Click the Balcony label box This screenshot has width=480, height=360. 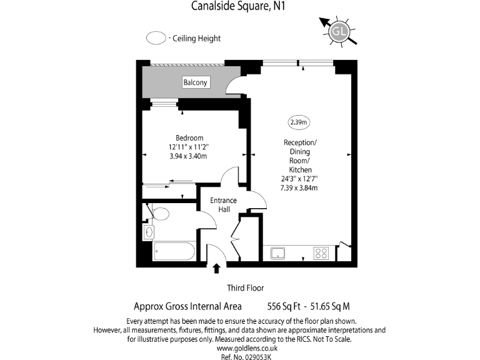[196, 82]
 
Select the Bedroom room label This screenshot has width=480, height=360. [189, 137]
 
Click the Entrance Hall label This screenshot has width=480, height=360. [223, 204]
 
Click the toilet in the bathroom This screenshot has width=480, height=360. [159, 214]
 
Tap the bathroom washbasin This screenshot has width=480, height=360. [149, 232]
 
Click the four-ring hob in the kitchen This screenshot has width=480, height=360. [321, 253]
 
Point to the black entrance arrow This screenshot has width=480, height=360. [217, 269]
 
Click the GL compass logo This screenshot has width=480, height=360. [339, 30]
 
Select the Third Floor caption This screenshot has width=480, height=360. [245, 288]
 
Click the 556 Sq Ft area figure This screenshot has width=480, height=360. [282, 306]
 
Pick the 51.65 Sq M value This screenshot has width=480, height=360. [327, 306]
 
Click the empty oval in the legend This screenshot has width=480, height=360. [156, 38]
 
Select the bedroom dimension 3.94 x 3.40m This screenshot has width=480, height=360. [188, 156]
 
